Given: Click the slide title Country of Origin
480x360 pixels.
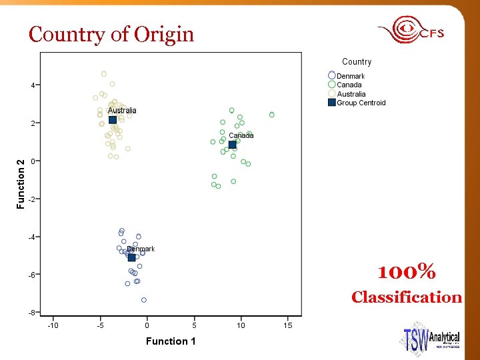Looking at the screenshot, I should [x=111, y=34].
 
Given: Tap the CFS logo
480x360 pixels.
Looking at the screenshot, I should [x=411, y=31].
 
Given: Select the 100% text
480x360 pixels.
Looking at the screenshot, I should [x=407, y=273].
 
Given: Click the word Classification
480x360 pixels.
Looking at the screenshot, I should [x=407, y=297].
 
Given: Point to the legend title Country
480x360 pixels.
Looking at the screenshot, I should [x=357, y=62].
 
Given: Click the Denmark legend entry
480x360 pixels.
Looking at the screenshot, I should [x=350, y=76].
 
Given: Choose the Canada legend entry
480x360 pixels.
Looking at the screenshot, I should [x=349, y=85].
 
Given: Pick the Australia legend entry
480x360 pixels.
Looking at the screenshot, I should [x=351, y=94].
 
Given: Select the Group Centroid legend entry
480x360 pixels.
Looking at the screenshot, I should [x=361, y=103].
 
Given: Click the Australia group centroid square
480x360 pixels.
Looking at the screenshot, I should [x=113, y=120].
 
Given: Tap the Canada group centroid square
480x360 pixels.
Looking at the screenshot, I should [x=232, y=145].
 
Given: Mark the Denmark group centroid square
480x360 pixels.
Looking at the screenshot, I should [x=132, y=257].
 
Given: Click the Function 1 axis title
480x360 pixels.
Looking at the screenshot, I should [x=171, y=341].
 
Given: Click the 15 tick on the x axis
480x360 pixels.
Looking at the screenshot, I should [x=287, y=325].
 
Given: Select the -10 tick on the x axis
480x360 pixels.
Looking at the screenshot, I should [x=53, y=325].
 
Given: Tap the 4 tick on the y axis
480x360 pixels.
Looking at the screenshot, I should [x=33, y=85].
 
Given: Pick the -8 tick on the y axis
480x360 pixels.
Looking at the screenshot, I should [x=31, y=312].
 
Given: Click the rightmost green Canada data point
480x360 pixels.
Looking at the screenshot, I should [x=272, y=115].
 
